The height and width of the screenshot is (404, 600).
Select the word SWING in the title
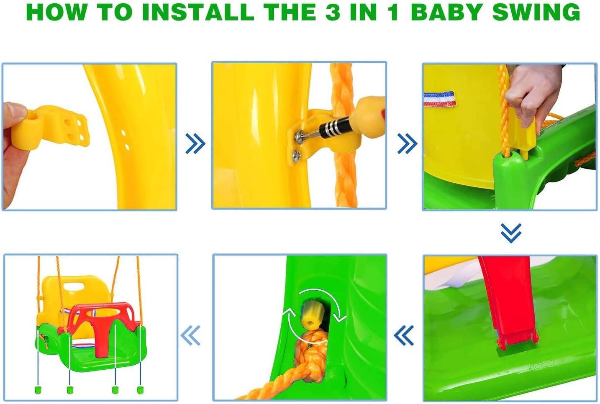point(536,12)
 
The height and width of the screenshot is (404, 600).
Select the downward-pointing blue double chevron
point(511,233)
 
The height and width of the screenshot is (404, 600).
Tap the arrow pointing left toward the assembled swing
point(190,335)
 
